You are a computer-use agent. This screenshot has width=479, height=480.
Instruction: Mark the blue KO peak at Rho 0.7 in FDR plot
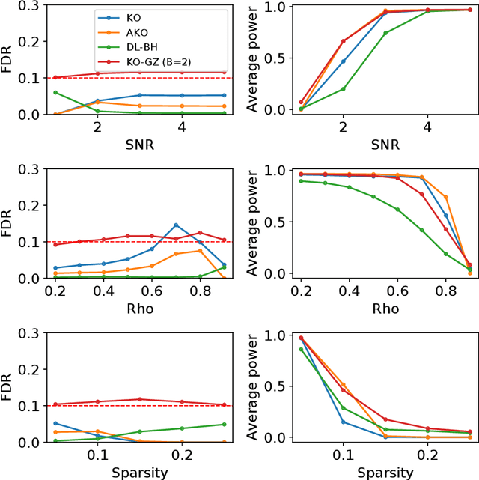176,225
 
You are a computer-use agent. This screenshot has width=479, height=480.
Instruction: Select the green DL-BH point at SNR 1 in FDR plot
55,92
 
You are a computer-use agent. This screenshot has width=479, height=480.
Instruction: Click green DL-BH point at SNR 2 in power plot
344,89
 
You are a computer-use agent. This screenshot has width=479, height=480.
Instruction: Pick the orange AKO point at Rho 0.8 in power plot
446,198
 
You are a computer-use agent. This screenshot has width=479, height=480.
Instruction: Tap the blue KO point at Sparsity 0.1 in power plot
344,422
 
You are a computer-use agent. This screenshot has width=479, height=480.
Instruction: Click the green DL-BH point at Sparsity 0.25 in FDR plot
224,425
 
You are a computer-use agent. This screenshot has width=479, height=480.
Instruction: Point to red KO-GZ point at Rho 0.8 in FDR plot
200,233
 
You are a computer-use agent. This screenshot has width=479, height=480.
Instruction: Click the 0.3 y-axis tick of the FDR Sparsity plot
30,333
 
